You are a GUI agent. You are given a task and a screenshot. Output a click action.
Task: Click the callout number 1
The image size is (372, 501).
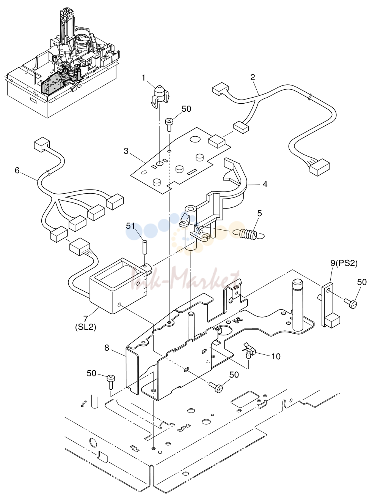coord(143,78)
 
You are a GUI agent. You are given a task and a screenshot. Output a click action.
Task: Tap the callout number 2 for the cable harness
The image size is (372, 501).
coord(253,77)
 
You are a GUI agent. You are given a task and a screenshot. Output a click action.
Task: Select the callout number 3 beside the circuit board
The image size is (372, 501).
coord(126,151)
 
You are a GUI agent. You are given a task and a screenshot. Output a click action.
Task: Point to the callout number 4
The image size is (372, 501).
coord(265,184)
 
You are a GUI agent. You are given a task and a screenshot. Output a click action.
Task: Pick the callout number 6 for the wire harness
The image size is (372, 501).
coord(17,170)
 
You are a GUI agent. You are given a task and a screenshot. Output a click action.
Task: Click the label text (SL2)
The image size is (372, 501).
coord(85,327)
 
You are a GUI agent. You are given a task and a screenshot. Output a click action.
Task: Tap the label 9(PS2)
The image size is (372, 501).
coord(344,263)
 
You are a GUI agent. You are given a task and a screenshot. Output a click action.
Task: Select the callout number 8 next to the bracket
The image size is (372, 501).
coord(107,348)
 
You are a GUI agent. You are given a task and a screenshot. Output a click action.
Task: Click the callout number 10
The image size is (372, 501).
coord(276,356)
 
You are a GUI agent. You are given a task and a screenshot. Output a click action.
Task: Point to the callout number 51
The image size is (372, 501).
coord(130,226)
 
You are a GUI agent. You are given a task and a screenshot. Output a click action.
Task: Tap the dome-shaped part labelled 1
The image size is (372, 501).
coord(160,96)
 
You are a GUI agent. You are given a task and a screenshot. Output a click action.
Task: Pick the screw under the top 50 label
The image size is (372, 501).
coord(169,125)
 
